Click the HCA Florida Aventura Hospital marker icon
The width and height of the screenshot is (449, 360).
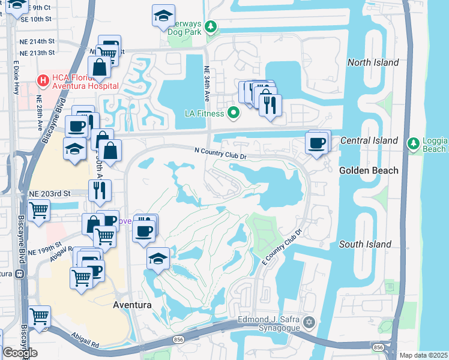pyautogui.click(x=43, y=80)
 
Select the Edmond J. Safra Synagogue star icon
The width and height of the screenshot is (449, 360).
pyautogui.click(x=309, y=323)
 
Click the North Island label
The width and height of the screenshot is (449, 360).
pyautogui.click(x=373, y=62)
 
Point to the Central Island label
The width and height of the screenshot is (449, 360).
pyautogui.click(x=369, y=140)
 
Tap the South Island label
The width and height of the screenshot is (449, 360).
pyautogui.click(x=365, y=244)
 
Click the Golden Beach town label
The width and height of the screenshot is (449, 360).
pyautogui.click(x=369, y=170)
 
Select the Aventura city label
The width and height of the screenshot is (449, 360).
pyautogui.click(x=131, y=305)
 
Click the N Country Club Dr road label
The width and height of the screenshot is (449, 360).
pyautogui.click(x=221, y=154)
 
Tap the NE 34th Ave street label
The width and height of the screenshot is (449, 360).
pyautogui.click(x=206, y=85)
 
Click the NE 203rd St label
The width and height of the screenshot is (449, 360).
pyautogui.click(x=50, y=193)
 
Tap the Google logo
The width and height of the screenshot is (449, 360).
pyautogui.click(x=20, y=353)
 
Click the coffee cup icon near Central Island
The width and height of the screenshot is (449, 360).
pyautogui.click(x=318, y=143)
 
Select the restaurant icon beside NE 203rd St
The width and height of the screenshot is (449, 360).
pyautogui.click(x=99, y=190)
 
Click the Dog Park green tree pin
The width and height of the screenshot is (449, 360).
pyautogui.click(x=211, y=26)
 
